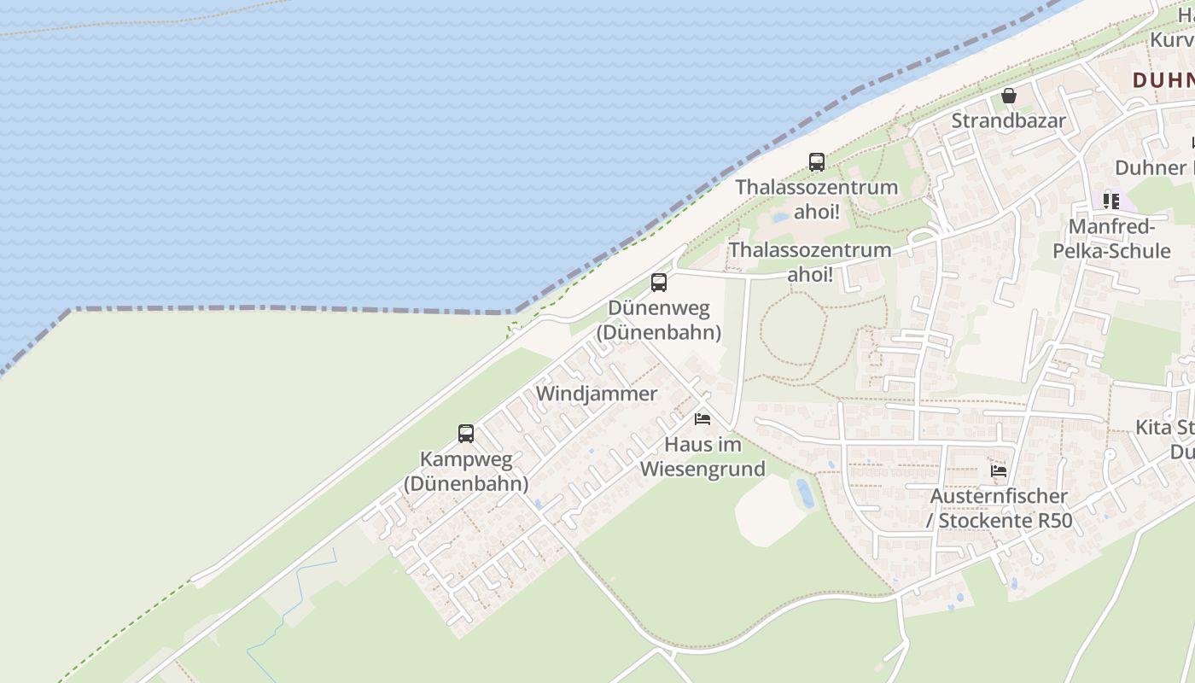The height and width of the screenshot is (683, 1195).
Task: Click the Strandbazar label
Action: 1008,121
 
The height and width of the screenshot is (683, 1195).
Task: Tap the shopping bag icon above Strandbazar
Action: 1009,96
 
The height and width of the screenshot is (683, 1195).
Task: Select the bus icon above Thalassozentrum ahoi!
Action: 817,161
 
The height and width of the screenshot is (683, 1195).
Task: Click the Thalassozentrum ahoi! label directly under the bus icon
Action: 817,199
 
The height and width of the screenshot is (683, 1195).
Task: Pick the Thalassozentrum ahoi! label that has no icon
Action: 809,262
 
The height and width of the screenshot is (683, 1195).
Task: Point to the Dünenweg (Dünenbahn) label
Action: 658,320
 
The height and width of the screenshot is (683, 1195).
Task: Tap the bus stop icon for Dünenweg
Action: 658,283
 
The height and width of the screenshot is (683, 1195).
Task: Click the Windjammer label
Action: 597,394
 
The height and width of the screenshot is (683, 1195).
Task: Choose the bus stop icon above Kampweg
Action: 466,434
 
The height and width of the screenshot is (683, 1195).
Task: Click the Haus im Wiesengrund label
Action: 702,457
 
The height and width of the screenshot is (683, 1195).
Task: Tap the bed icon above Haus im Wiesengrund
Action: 702,419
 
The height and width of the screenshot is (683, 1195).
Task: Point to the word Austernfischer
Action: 999,496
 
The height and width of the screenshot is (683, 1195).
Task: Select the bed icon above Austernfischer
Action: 999,470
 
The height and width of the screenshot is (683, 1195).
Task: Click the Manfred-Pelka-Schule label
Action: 1111,239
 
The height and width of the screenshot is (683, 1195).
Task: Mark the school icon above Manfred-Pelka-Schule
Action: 1110,201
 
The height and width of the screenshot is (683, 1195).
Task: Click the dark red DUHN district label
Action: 1163,80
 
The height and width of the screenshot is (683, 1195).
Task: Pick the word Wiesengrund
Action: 702,469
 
